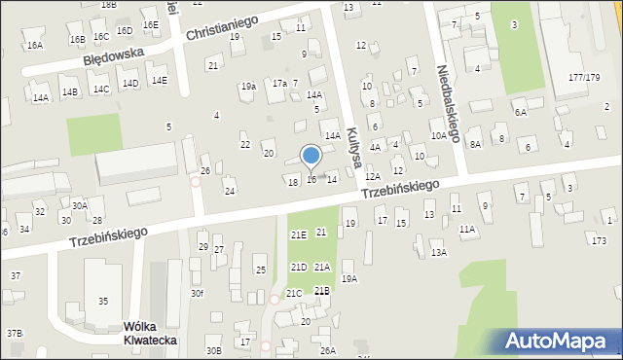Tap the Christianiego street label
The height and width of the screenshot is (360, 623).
221,26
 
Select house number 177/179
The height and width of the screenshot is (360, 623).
584,77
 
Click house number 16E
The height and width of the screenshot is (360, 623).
150,24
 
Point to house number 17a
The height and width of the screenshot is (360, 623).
279,84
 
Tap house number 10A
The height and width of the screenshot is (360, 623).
439,136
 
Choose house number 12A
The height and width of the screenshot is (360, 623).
373,177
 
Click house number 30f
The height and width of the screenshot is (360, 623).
197,293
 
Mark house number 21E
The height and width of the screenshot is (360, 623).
298,234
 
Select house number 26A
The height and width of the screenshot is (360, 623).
328,350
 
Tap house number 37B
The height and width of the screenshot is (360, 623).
14,334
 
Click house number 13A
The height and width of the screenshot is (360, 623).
439,252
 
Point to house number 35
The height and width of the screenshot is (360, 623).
103,301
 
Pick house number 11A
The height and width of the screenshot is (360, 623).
467,230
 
